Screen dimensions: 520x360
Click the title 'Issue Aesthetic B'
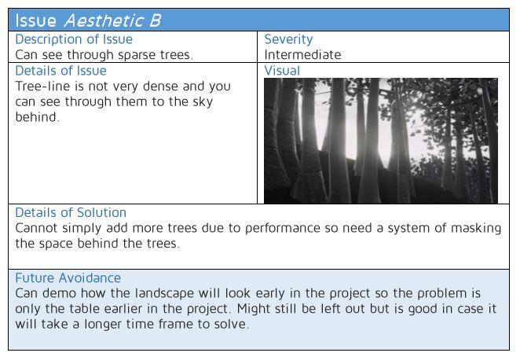coord(88,20)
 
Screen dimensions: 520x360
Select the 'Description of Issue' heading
coord(74,39)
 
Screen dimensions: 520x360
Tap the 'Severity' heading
coord(288,39)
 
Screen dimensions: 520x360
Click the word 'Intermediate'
coord(302,55)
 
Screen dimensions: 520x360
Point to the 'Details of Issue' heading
coord(60,71)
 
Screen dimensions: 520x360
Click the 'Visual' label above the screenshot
coord(282,71)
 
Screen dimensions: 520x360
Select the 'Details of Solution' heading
coord(71,212)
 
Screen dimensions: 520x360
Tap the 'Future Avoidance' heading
coord(68,277)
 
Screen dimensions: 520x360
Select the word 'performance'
coord(283,228)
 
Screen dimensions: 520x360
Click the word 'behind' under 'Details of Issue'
coord(37,117)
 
